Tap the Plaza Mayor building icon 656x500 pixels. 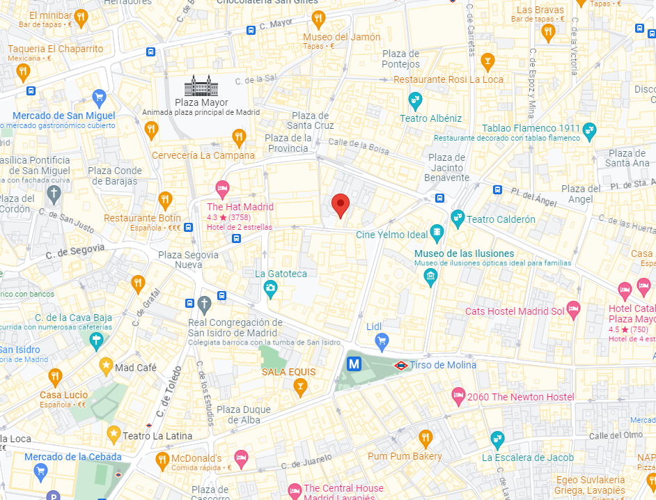click(x=201, y=86)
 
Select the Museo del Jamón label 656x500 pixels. click(x=342, y=37)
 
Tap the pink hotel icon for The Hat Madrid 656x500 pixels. click(x=222, y=187)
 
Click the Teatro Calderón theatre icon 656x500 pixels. click(x=458, y=219)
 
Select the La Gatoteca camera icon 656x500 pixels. click(x=270, y=288)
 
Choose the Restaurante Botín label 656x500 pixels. click(x=142, y=218)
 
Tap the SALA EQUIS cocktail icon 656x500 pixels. click(x=300, y=387)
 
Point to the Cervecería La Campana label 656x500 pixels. click(x=203, y=155)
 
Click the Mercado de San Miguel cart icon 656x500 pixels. click(x=99, y=97)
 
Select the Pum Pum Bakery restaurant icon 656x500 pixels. click(x=425, y=438)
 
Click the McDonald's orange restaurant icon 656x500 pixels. click(x=162, y=459)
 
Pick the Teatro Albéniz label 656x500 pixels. click(x=430, y=118)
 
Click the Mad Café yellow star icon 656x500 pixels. click(x=106, y=365)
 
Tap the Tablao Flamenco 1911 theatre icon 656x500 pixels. click(x=590, y=130)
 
